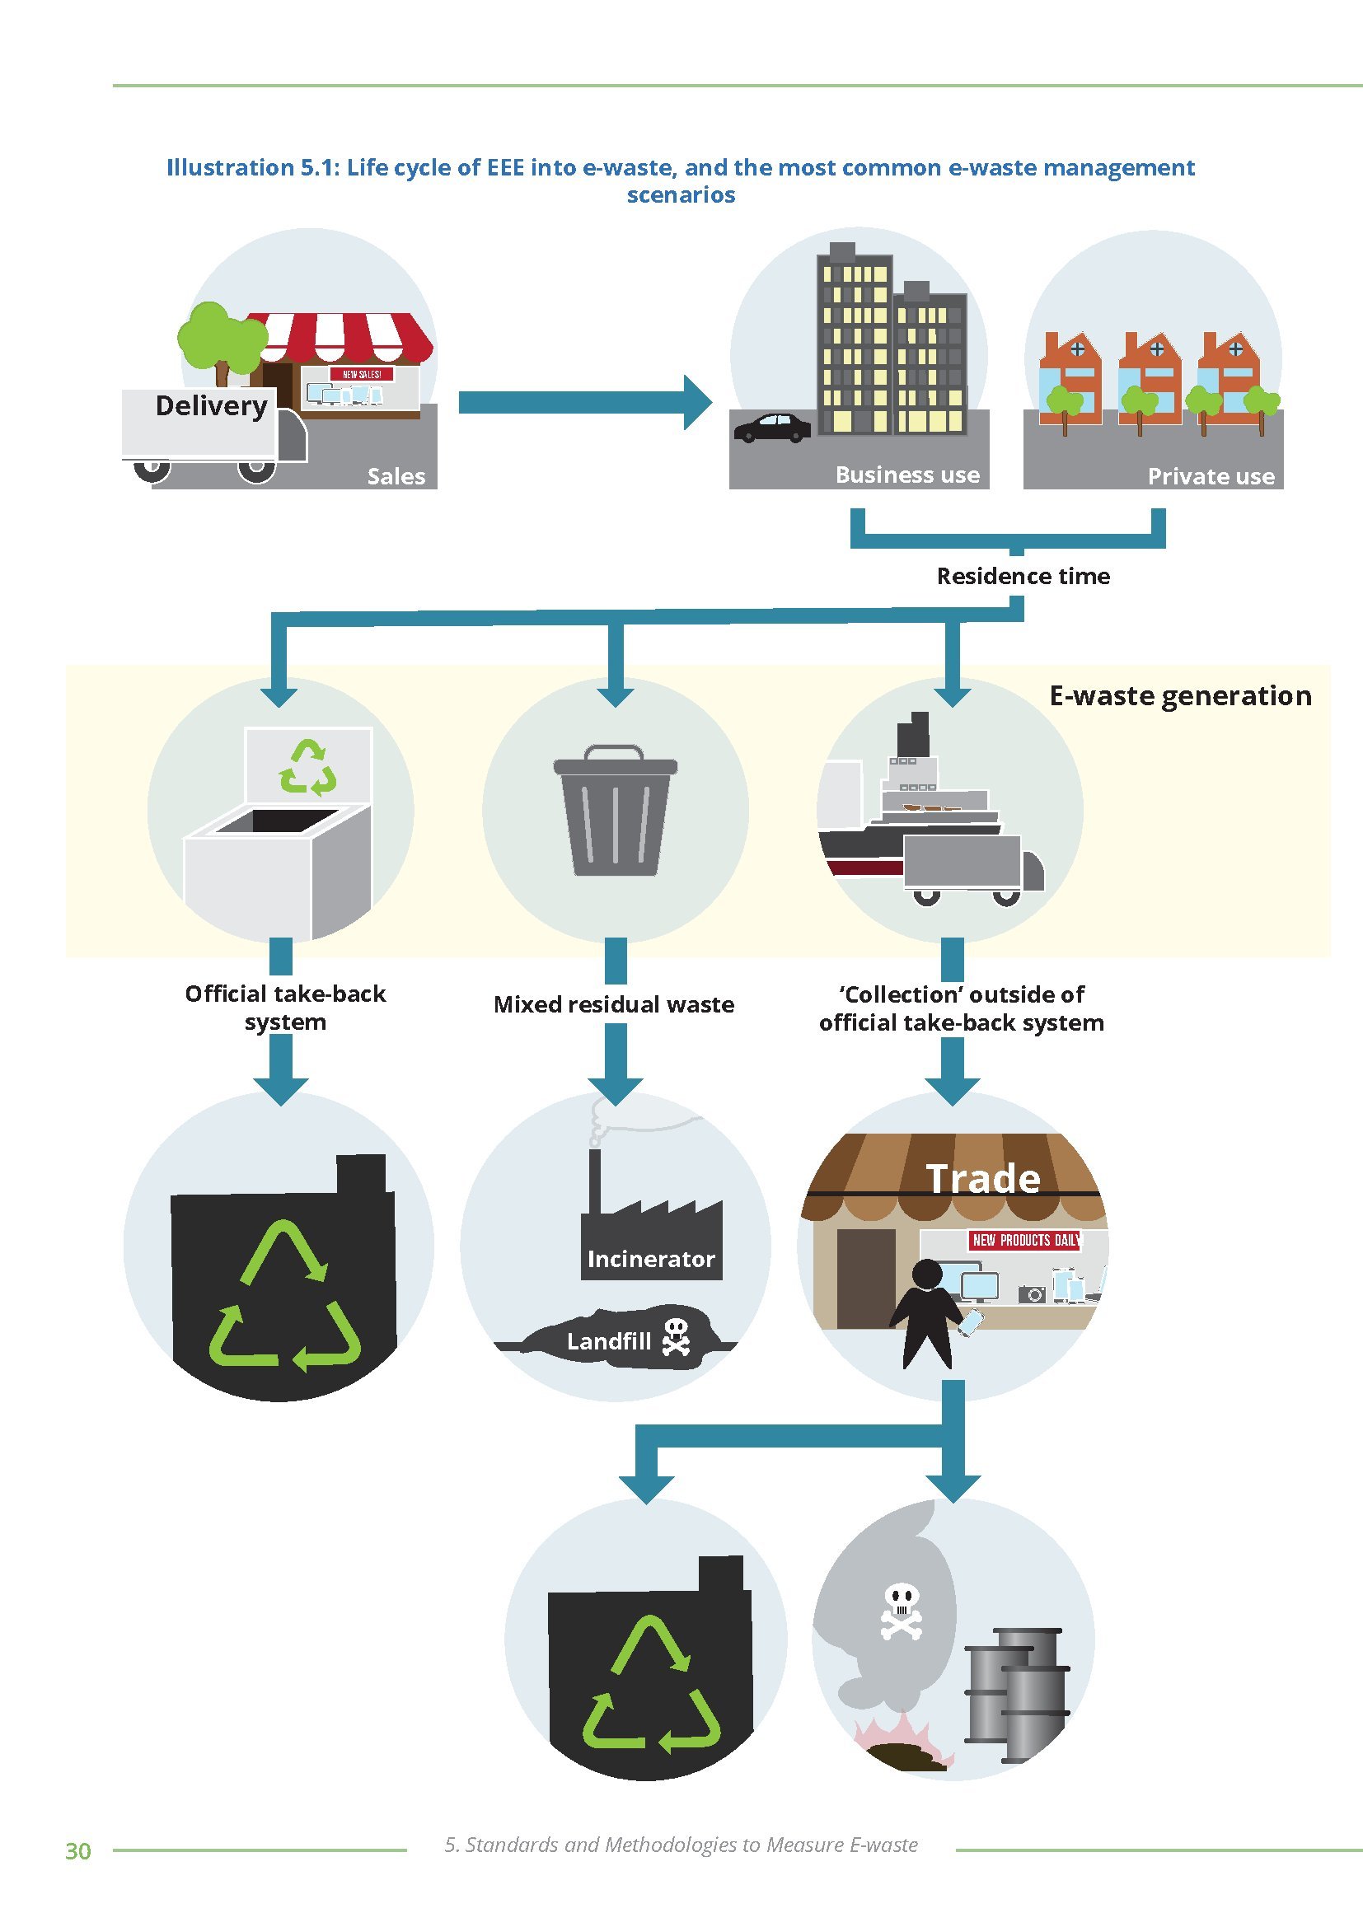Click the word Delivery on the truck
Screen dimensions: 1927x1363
212,406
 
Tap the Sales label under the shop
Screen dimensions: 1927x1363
396,477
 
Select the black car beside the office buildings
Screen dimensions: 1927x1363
772,428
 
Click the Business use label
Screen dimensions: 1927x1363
907,475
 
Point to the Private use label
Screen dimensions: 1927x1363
1211,477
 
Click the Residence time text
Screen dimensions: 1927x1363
1023,576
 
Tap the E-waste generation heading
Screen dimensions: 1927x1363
1180,696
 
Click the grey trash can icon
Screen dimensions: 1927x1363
616,811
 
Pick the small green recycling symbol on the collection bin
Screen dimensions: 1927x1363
308,766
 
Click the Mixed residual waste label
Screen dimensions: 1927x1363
614,1004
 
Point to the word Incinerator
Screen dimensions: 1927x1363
650,1259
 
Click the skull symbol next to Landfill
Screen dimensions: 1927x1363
676,1336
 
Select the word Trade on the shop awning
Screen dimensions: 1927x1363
983,1178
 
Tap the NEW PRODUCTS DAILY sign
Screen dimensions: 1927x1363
1026,1241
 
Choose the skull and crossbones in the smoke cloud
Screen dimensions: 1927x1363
901,1610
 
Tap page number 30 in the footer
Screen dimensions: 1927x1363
78,1851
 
